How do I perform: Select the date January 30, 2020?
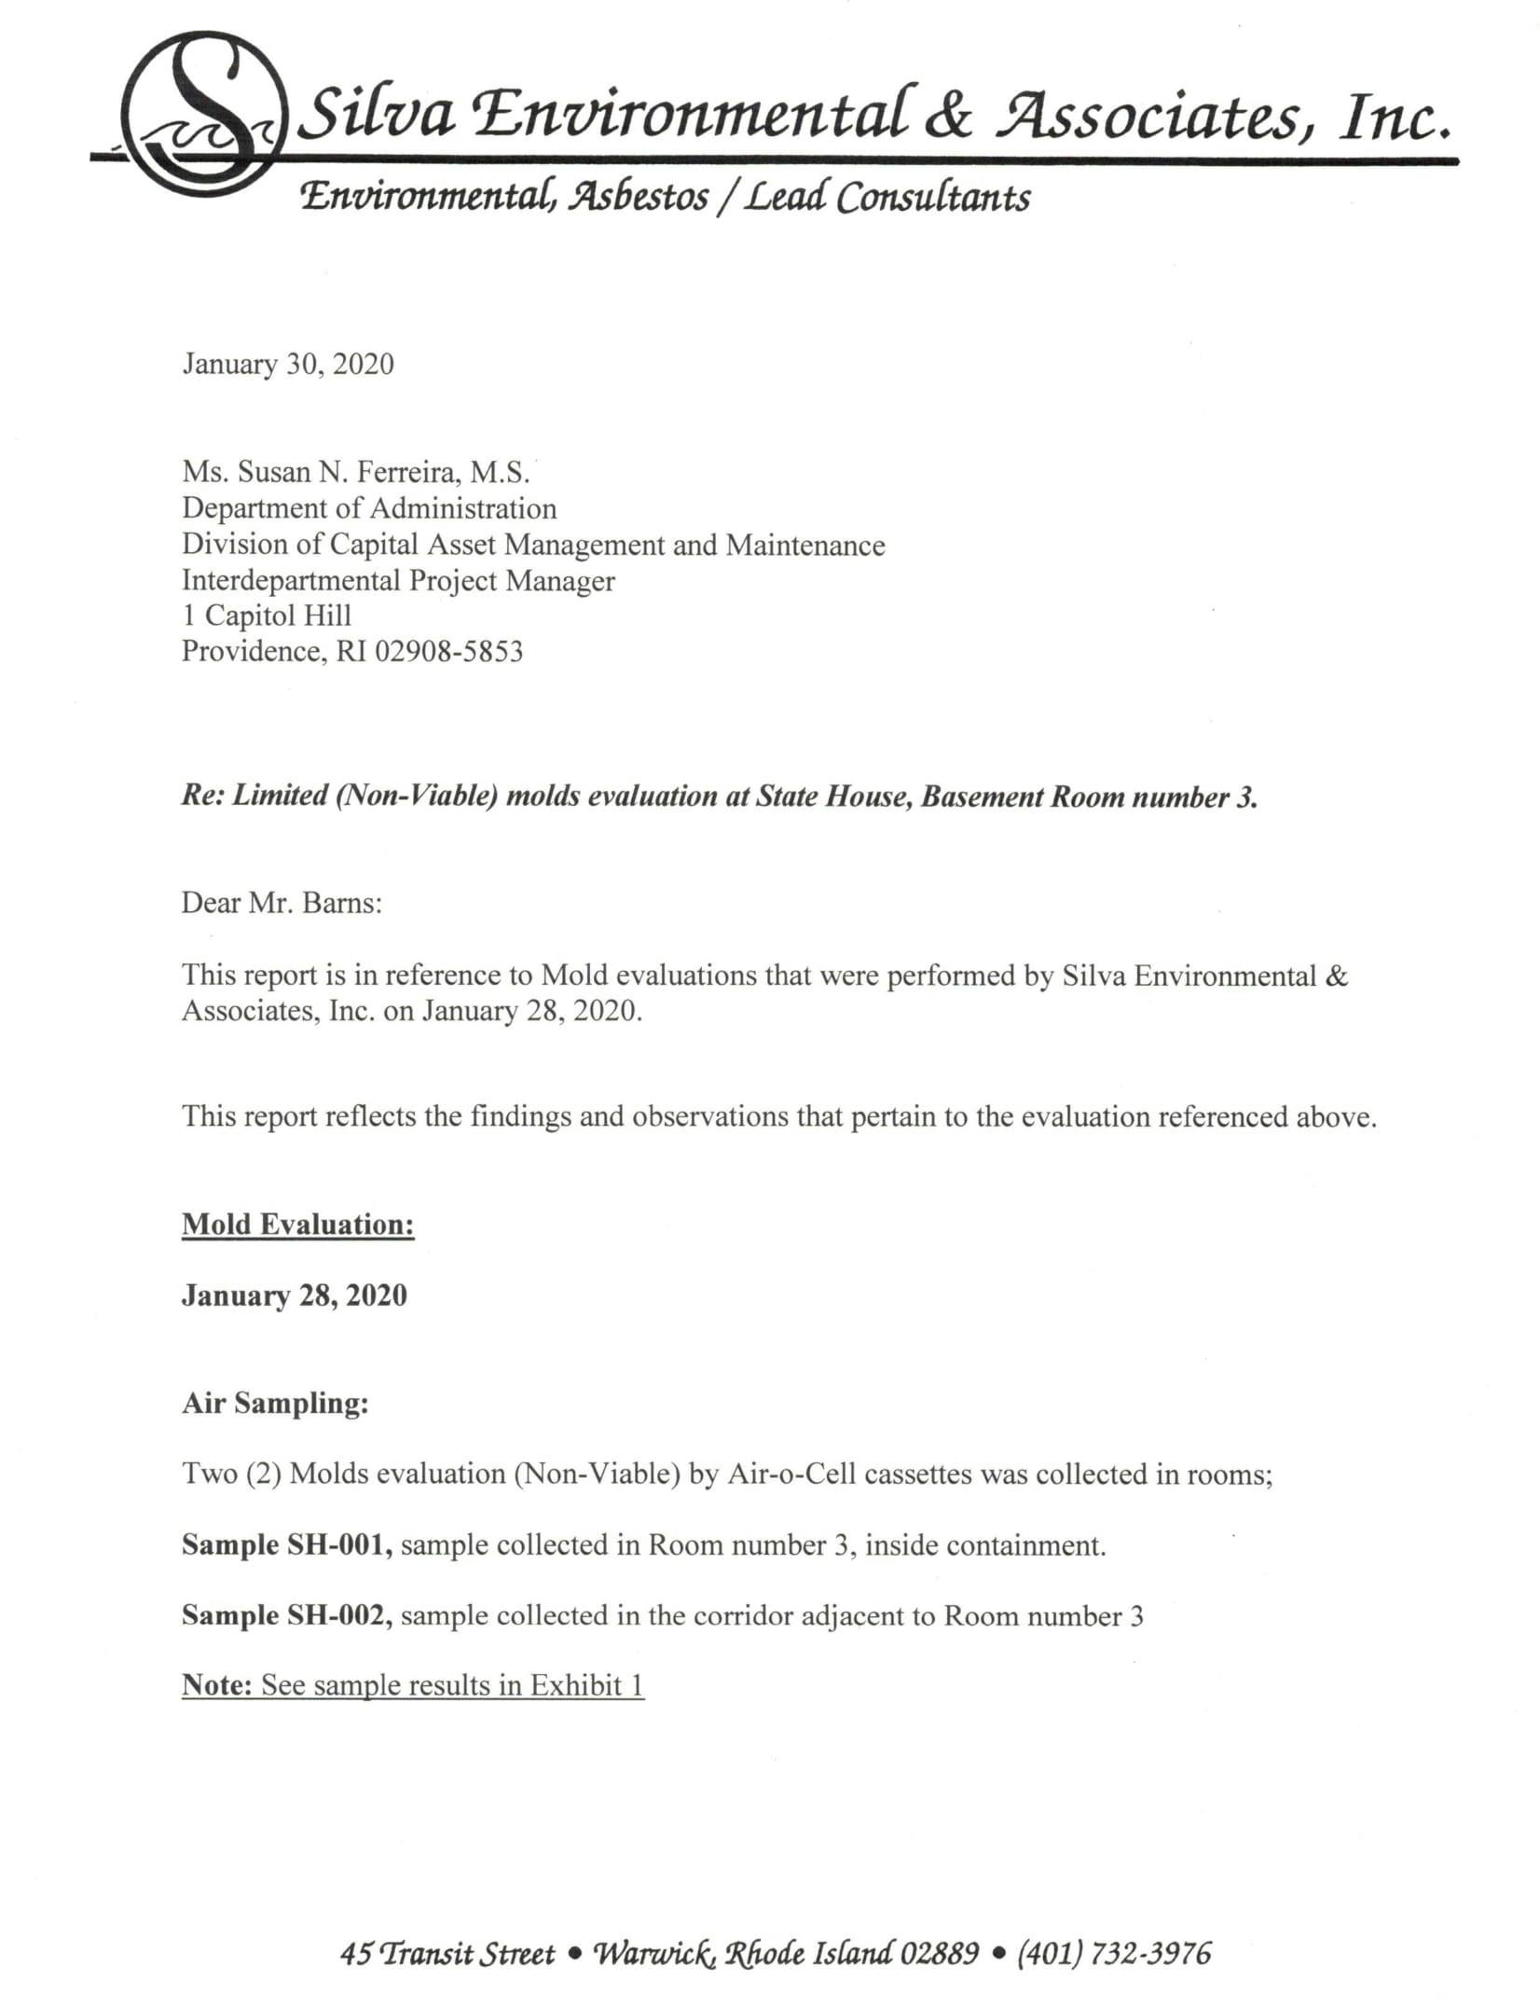click(288, 364)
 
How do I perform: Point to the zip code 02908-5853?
click(448, 651)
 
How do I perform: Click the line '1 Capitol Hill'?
click(267, 616)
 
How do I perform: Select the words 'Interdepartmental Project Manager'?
click(398, 580)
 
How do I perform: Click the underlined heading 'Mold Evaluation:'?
click(297, 1224)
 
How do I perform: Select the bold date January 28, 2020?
click(294, 1295)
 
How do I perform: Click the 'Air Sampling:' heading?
click(275, 1403)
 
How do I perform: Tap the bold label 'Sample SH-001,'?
click(286, 1545)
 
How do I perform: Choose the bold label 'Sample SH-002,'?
click(286, 1615)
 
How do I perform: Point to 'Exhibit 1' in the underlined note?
click(586, 1685)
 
